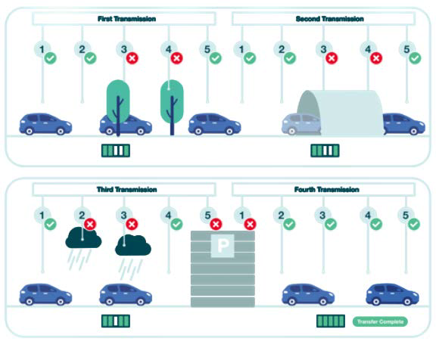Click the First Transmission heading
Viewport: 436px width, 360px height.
126,19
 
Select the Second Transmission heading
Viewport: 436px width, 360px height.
329,19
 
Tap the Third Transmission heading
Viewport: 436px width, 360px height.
126,189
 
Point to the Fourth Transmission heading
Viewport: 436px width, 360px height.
326,189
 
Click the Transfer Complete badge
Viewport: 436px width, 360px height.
380,321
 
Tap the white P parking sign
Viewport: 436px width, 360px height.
223,246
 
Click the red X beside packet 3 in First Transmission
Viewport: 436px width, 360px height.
132,58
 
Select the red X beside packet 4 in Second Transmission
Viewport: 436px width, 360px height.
376,58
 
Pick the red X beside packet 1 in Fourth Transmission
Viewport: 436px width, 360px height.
250,224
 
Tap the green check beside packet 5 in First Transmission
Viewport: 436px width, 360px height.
216,58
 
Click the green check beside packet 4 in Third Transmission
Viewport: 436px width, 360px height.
176,224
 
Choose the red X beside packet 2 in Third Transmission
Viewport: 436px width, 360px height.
90,224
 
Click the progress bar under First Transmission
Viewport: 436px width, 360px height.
116,151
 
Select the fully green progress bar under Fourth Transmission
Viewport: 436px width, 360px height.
331,321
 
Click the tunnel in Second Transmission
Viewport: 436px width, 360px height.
341,113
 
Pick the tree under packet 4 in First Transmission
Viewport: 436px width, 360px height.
172,107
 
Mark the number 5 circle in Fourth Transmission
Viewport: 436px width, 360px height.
406,216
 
